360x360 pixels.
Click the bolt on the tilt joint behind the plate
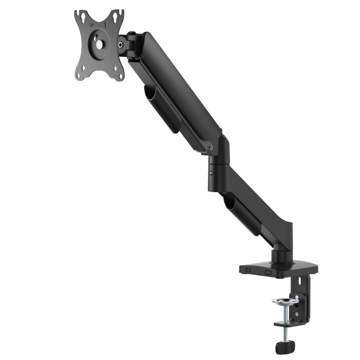click(x=120, y=44)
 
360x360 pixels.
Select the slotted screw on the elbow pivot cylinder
click(x=212, y=173)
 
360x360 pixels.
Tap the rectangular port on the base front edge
click(x=268, y=271)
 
